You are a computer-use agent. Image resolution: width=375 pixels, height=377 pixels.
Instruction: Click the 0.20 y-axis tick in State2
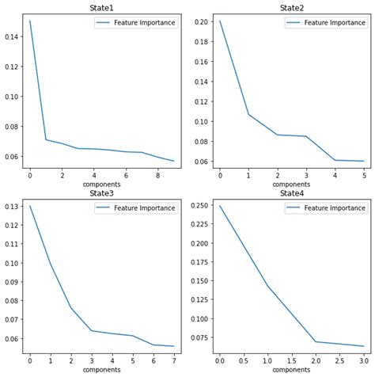(x=202, y=21)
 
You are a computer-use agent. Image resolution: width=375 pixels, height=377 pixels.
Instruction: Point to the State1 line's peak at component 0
(x=30, y=21)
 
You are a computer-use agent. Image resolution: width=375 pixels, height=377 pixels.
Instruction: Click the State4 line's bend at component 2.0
(x=316, y=341)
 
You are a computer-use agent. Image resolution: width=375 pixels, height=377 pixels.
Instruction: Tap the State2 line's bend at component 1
(x=248, y=114)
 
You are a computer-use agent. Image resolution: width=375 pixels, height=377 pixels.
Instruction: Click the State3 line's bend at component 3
(x=92, y=330)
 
